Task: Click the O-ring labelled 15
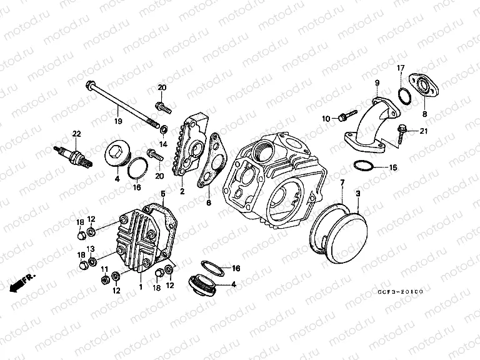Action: click(363, 166)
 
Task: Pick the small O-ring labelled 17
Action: click(404, 95)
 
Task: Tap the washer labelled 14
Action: click(164, 129)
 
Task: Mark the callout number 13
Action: click(91, 249)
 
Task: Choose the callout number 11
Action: click(104, 269)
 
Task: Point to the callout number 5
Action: click(162, 193)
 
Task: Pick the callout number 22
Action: click(76, 134)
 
